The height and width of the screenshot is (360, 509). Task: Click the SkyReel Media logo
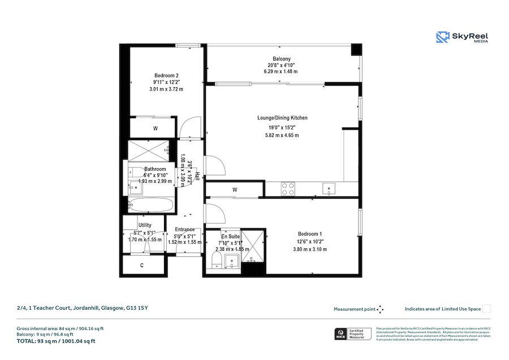(462, 37)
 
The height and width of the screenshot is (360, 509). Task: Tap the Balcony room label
(281, 59)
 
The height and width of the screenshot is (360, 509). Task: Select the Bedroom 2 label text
(166, 75)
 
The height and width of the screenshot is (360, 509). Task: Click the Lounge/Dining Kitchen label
(282, 118)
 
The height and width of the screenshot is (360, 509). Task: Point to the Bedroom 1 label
(309, 234)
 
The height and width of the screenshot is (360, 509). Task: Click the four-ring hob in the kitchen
(288, 189)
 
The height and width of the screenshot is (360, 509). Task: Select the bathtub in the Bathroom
(150, 205)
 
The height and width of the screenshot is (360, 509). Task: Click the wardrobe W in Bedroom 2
(155, 128)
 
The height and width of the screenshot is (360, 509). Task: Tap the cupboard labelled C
(142, 265)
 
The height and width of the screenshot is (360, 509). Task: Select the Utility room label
(145, 225)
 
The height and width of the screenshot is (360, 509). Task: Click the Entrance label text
(184, 229)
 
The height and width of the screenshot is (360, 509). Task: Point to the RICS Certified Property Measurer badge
(351, 334)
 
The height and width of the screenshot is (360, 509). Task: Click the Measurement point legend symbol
(380, 309)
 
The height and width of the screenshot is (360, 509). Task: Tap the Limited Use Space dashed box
(486, 309)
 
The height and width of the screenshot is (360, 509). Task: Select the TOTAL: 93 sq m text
(56, 341)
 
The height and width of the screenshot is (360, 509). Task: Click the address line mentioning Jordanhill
(83, 308)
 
